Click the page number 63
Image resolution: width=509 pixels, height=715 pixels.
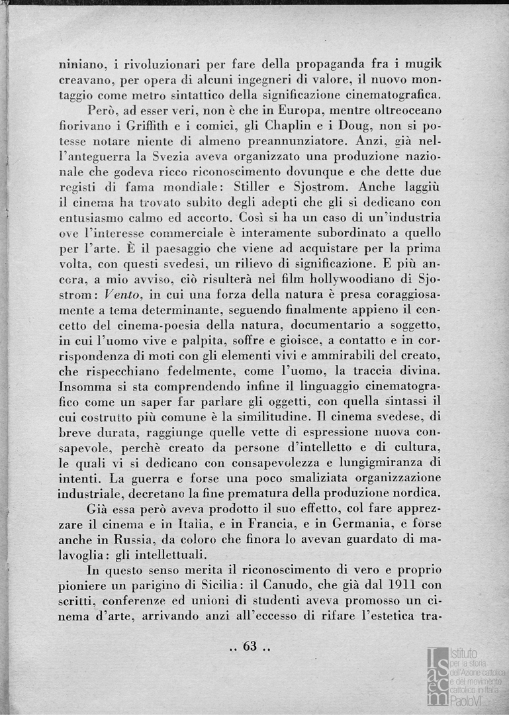point(250,646)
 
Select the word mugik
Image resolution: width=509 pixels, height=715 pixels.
point(422,66)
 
